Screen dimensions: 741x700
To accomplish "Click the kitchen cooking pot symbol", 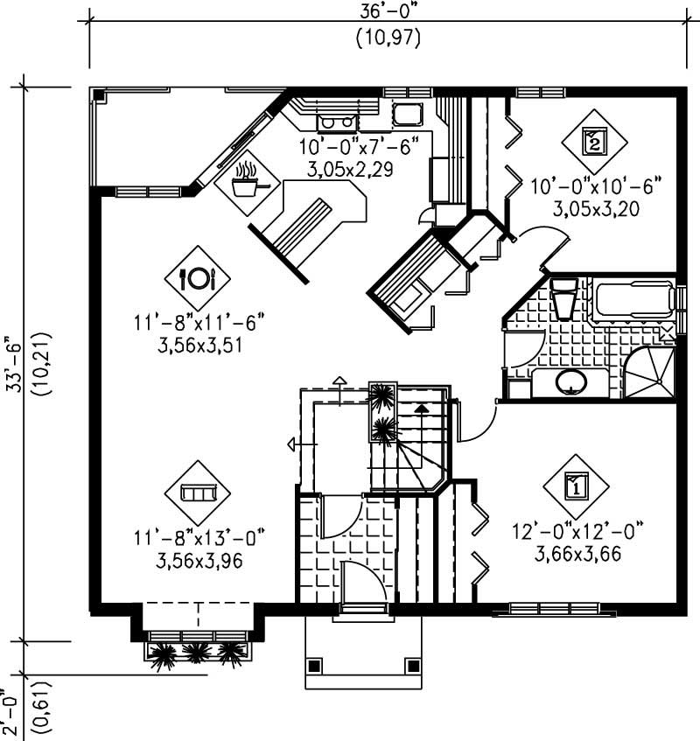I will pos(247,183).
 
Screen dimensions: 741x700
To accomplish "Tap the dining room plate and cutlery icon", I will pos(197,278).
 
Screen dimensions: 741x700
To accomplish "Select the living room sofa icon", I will pos(197,493).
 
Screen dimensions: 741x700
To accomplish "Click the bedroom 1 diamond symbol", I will pos(576,484).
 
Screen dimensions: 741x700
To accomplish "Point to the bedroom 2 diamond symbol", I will pos(594,140).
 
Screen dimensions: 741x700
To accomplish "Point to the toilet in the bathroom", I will pos(564,298).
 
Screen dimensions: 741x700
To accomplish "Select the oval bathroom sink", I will pos(570,382).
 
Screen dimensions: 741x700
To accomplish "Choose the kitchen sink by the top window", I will pos(407,114).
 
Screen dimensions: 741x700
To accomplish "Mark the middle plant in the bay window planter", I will pos(196,653).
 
